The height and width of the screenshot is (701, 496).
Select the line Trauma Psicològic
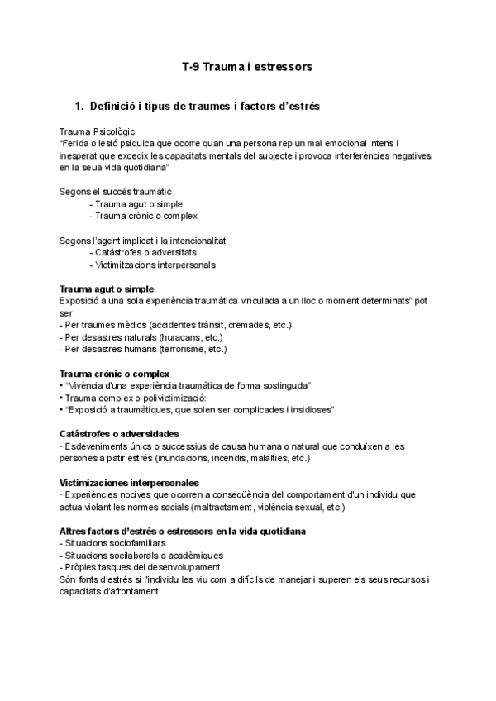pyautogui.click(x=98, y=131)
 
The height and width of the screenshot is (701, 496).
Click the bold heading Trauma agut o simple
pyautogui.click(x=107, y=289)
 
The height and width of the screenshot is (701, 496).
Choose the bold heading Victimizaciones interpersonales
pyautogui.click(x=129, y=482)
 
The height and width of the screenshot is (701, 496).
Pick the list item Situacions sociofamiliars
pyautogui.click(x=114, y=543)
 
